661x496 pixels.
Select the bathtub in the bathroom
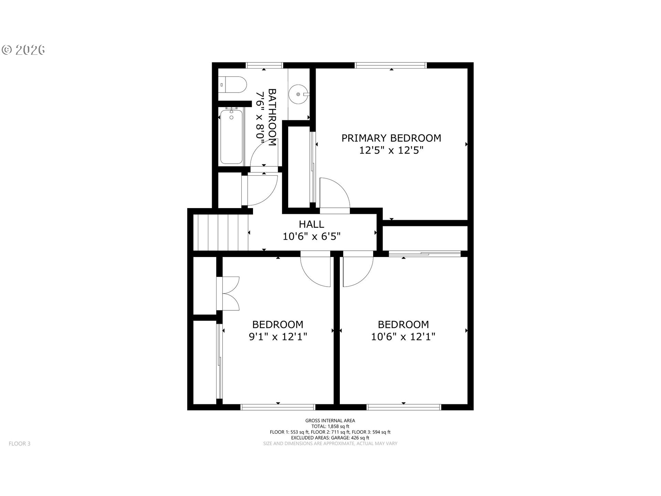point(231,136)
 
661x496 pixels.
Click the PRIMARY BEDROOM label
point(391,138)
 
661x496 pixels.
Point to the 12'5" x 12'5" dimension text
point(391,150)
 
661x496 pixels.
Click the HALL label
point(311,224)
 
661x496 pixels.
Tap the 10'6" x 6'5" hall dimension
point(312,236)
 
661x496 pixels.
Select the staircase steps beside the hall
point(221,232)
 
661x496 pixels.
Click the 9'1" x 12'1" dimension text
point(278,336)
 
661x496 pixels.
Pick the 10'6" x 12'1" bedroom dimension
point(403,336)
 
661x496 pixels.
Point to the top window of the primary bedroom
point(390,65)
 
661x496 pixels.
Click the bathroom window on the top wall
point(264,65)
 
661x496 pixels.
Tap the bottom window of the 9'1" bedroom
point(278,407)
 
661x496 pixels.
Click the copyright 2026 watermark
point(23,50)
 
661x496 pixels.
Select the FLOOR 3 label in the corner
point(20,444)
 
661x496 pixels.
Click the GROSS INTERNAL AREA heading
point(330,421)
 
